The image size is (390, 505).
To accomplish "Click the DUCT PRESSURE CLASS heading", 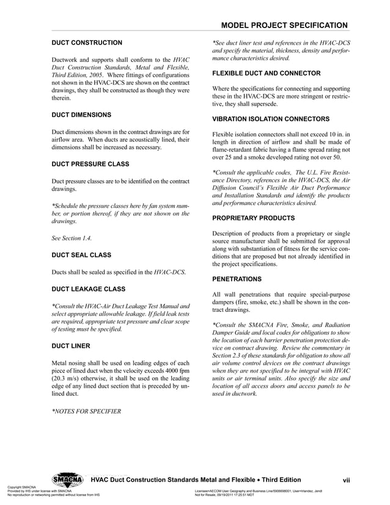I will pyautogui.click(x=89, y=163).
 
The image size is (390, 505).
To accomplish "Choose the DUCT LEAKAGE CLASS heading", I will pyautogui.click(x=89, y=289).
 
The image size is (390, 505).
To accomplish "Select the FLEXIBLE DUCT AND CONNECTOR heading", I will pyautogui.click(x=267, y=73).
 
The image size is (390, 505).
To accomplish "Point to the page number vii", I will pyautogui.click(x=345, y=480).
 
